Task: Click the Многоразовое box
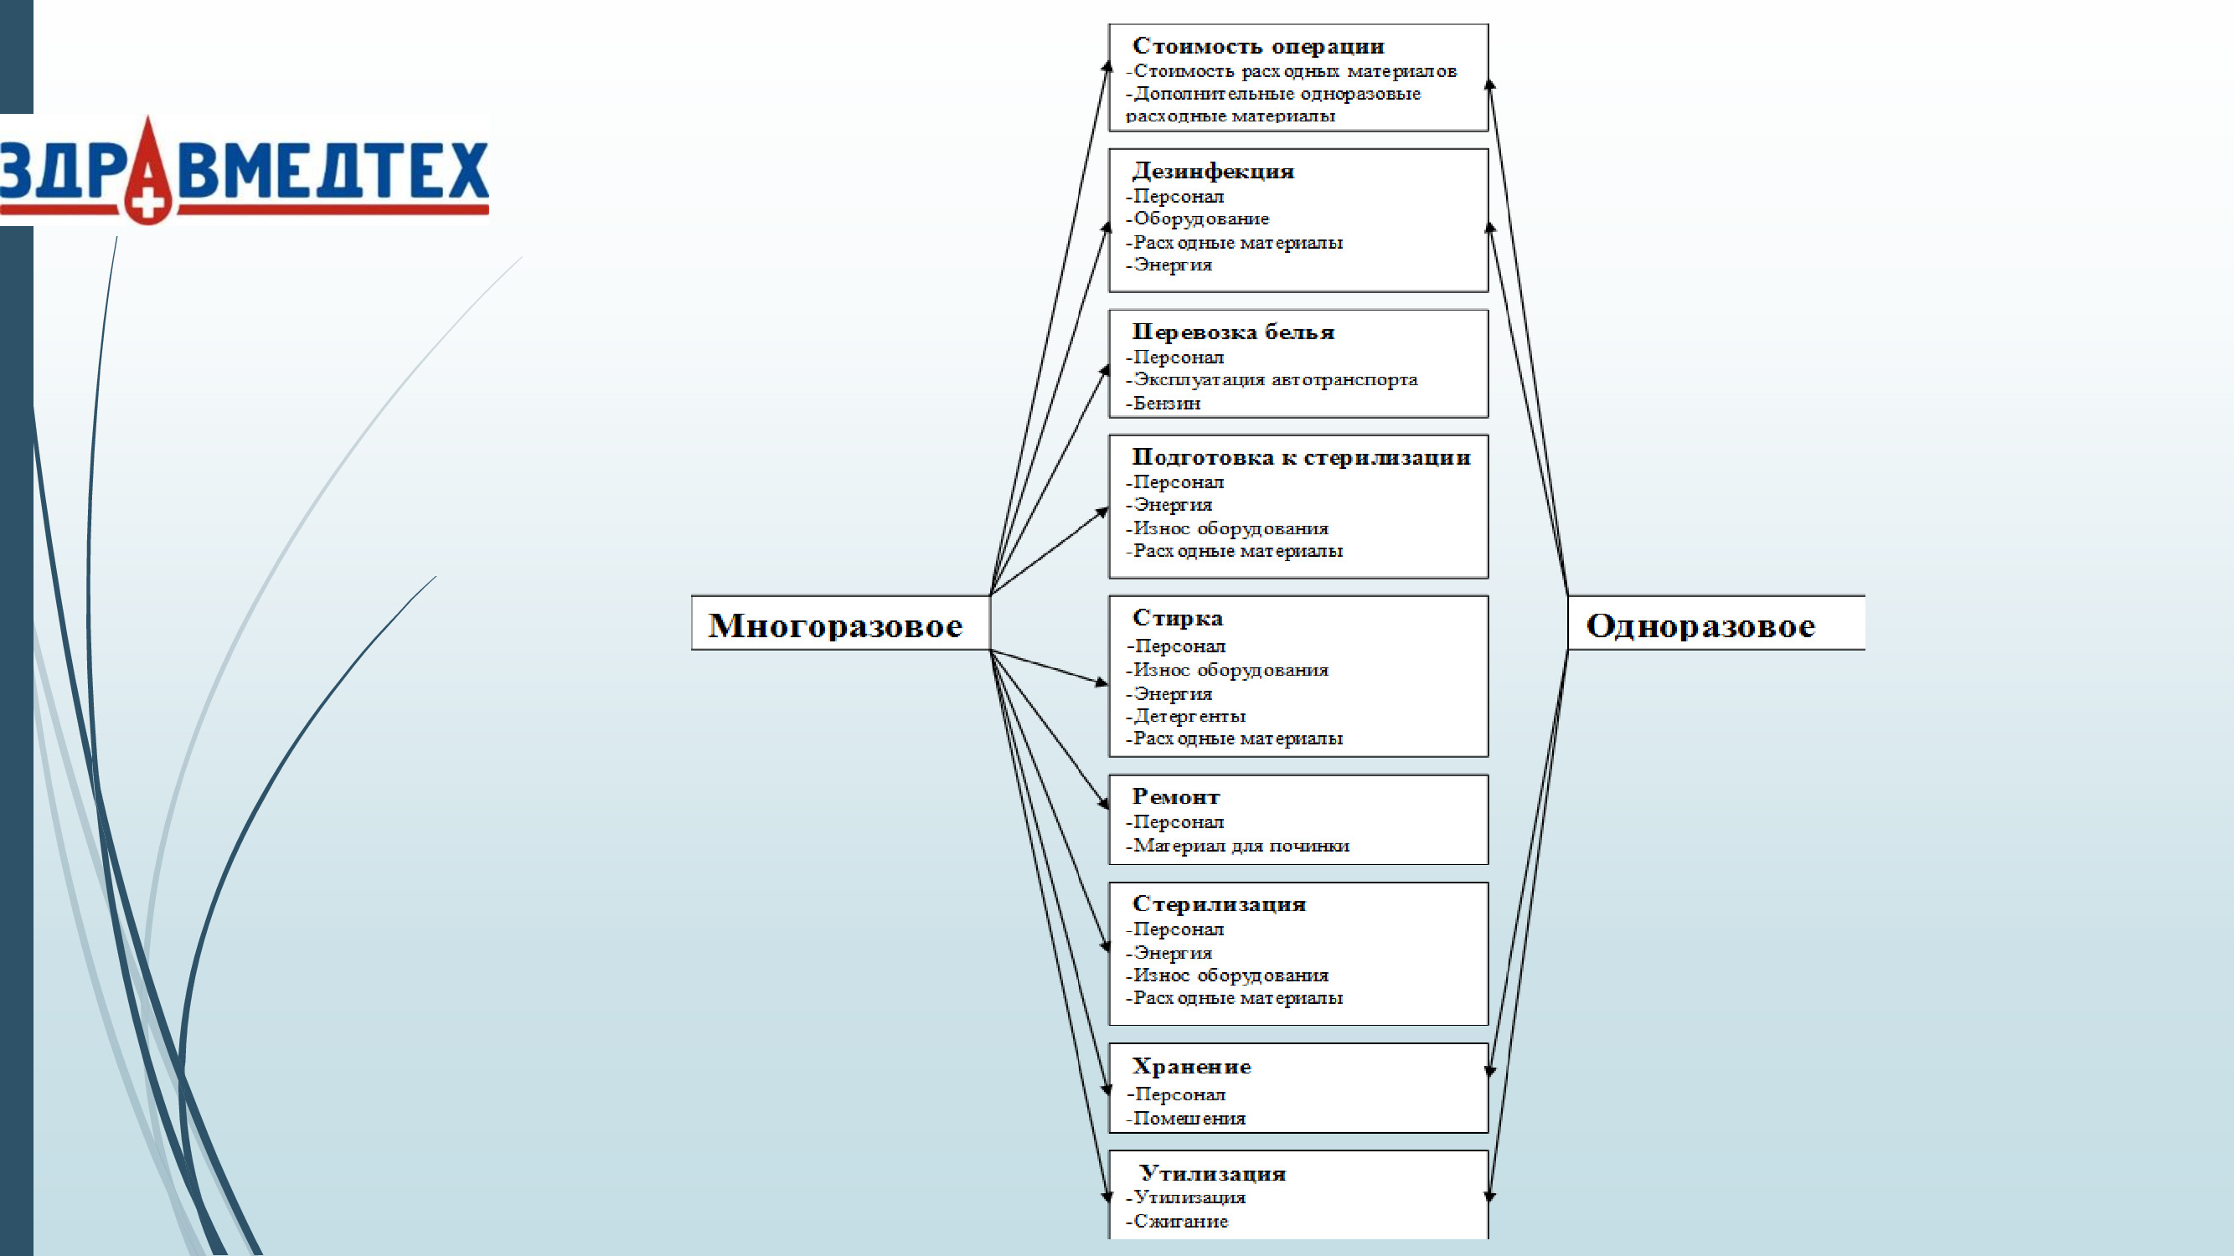tap(838, 624)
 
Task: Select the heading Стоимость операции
tap(1257, 46)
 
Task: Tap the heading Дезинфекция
tap(1212, 171)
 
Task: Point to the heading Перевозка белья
tap(1232, 332)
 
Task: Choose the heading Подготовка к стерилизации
tap(1301, 457)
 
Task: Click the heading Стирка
tap(1177, 618)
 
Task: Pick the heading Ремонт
tap(1175, 796)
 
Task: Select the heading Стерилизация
tap(1219, 904)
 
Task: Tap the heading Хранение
tap(1191, 1066)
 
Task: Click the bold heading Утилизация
tap(1211, 1174)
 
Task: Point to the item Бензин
tap(1167, 403)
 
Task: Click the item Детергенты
tap(1189, 716)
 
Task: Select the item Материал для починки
tap(1241, 846)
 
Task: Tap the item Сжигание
tap(1180, 1222)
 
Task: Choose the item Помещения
tap(1189, 1119)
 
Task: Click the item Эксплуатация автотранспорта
tap(1275, 379)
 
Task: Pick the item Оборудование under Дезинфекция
tap(1201, 219)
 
